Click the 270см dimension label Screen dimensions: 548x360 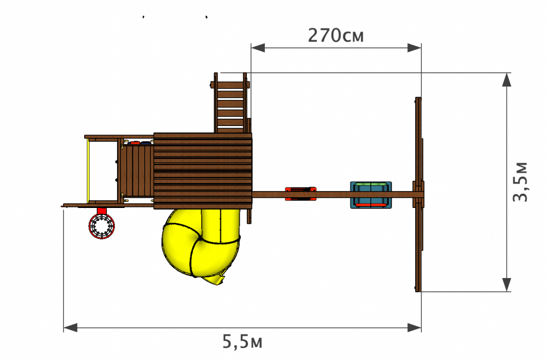pos(336,36)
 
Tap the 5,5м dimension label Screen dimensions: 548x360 pos(242,341)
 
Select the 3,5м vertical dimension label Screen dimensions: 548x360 pos(520,182)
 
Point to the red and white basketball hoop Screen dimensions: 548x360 pos(101,227)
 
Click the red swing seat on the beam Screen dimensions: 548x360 pos(301,194)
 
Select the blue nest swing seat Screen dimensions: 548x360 pos(371,194)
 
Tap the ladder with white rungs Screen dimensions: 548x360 pos(230,103)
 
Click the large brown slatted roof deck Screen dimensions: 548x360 pos(203,171)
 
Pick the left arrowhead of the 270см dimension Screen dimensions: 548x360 pos(258,48)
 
